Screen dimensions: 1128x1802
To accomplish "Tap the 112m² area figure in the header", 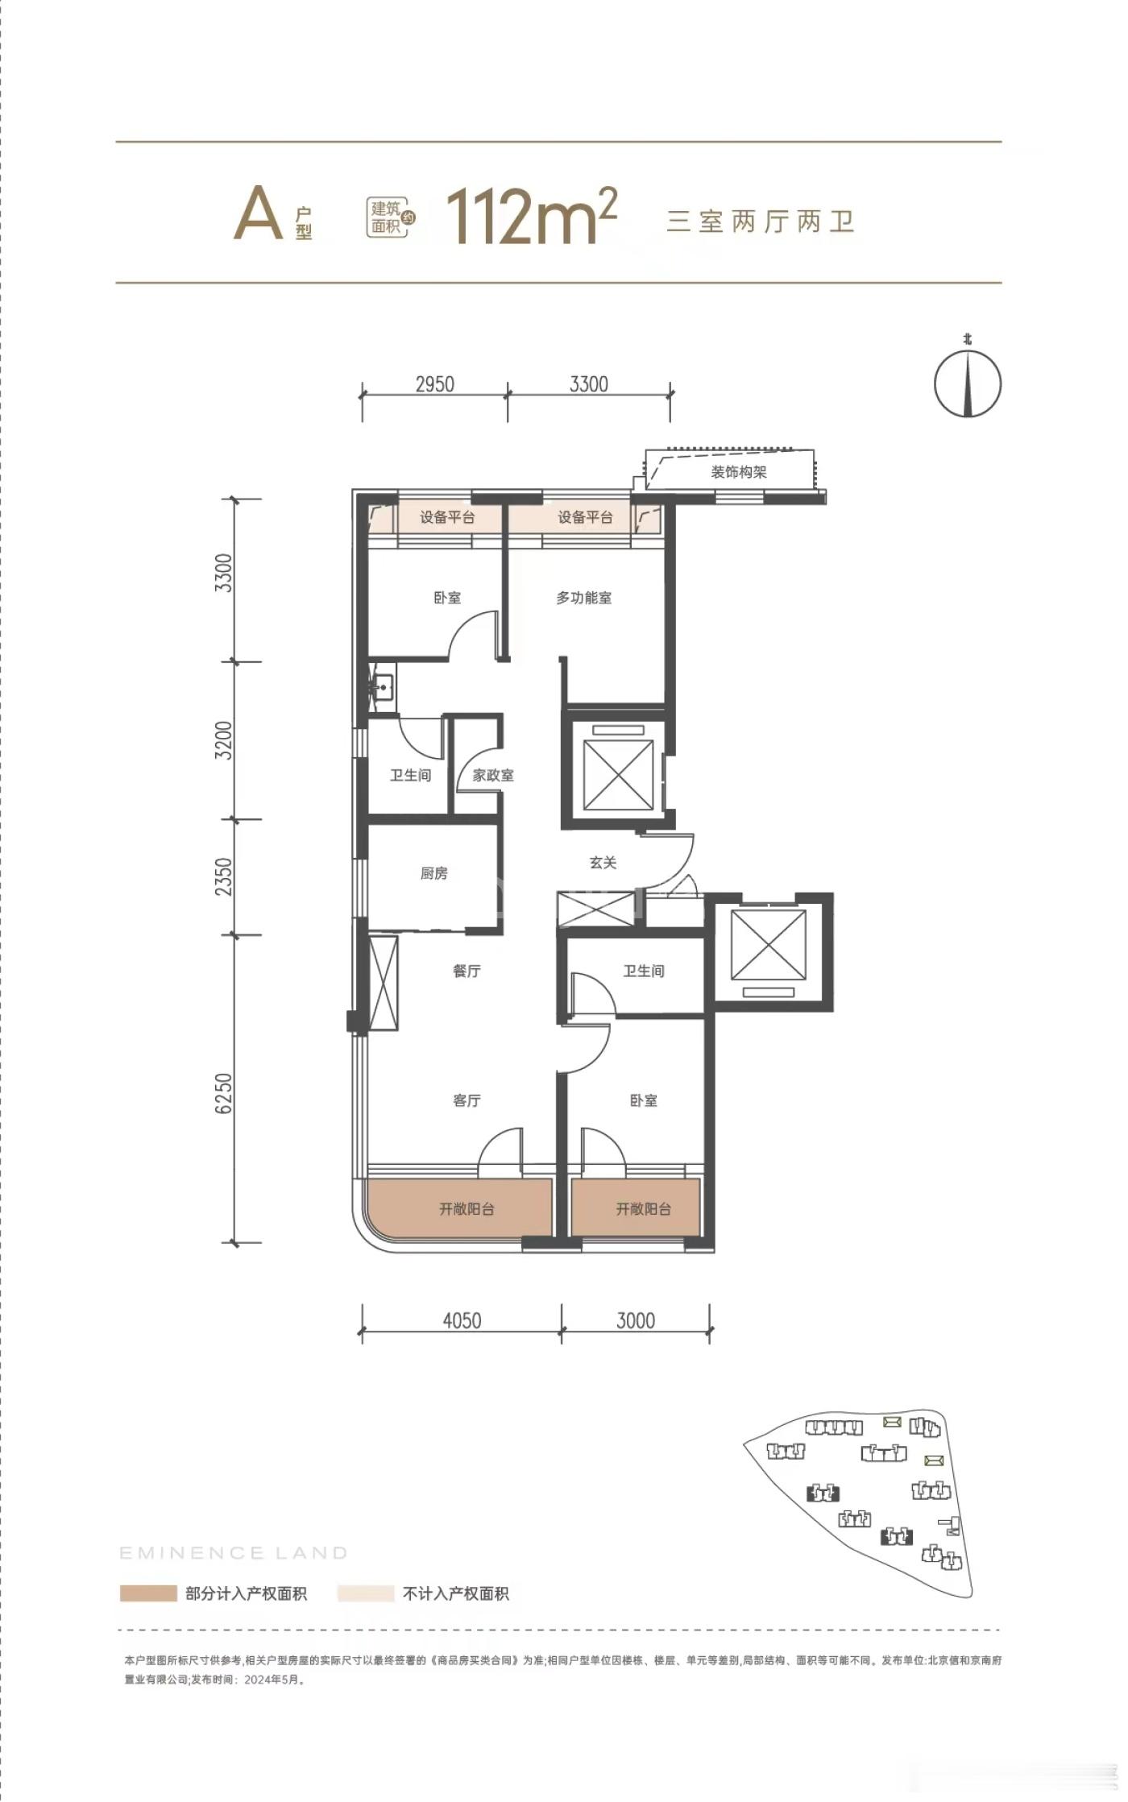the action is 532,215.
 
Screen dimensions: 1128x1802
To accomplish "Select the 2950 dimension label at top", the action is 435,384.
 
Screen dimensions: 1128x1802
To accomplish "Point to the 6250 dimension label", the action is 224,1093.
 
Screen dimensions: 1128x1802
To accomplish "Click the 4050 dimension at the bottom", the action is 462,1320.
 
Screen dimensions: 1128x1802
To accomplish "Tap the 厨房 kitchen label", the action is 433,873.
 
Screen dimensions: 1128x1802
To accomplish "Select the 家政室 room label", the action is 493,775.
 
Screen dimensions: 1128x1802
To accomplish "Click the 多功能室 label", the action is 584,598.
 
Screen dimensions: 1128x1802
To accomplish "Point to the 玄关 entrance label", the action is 603,863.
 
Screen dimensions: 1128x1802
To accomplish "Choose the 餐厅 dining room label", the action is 467,971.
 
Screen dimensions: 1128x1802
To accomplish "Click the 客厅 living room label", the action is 467,1100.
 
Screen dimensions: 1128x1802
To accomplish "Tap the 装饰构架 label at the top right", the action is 739,472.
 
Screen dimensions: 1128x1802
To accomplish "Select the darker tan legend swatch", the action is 148,1593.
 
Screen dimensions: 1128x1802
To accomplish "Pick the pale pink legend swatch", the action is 365,1593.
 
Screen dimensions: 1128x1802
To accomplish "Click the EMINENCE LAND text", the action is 234,1552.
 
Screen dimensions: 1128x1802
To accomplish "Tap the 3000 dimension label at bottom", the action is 636,1320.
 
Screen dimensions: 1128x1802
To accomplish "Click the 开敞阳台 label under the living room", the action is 467,1208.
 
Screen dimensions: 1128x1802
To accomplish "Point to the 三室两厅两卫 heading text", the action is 760,221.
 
